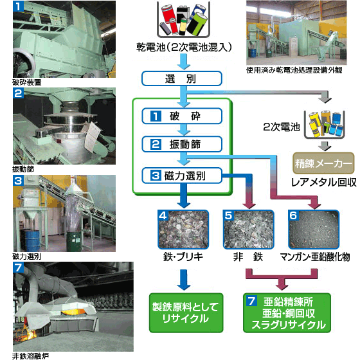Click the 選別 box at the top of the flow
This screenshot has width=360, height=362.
click(182, 78)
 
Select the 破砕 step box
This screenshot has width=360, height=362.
click(182, 116)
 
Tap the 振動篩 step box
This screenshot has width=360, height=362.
click(182, 144)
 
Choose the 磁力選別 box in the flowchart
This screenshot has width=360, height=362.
click(182, 176)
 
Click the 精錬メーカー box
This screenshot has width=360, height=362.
click(323, 163)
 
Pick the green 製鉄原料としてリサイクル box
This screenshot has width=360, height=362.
click(186, 313)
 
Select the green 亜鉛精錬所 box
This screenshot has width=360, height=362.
click(287, 313)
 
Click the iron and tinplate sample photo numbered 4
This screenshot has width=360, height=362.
click(183, 230)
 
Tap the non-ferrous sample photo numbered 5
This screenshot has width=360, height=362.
click(249, 230)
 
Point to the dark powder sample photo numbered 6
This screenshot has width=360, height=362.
click(314, 230)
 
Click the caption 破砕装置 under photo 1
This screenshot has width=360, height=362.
click(27, 82)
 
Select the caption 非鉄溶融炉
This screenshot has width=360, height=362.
click(30, 356)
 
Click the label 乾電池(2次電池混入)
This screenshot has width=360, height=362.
click(184, 48)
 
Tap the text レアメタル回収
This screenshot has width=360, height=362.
click(323, 183)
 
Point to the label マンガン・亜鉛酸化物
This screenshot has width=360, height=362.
click(315, 257)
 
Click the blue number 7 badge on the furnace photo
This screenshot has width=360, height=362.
click(18, 268)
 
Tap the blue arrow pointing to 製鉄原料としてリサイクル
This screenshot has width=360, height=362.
click(184, 280)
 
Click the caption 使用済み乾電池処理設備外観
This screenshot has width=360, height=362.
click(294, 70)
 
